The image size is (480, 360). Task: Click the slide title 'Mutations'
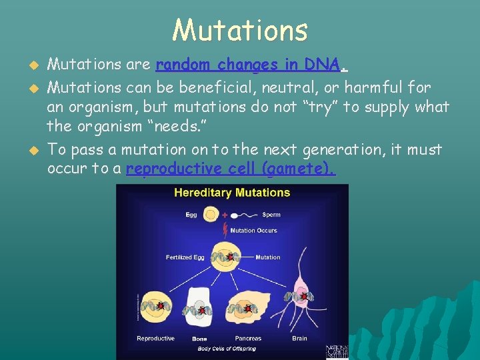[x=240, y=30]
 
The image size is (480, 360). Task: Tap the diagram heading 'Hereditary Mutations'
[x=232, y=193]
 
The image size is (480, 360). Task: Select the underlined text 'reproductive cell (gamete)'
[x=230, y=169]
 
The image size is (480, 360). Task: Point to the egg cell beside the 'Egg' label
[x=210, y=215]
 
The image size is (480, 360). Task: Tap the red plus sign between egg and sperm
[x=225, y=215]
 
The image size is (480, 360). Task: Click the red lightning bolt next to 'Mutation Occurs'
[x=225, y=231]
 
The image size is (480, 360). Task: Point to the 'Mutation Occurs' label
[x=253, y=231]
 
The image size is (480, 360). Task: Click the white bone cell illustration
[x=200, y=309]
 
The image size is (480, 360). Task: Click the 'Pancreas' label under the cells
[x=248, y=339]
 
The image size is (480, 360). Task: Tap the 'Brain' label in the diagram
[x=299, y=339]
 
